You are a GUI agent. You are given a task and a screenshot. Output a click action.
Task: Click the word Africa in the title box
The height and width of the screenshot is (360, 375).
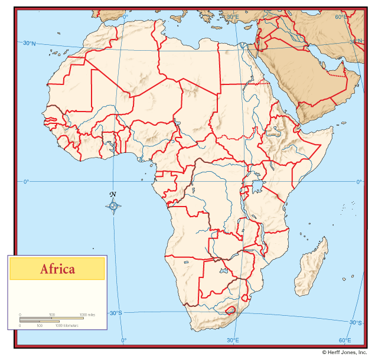[57, 270]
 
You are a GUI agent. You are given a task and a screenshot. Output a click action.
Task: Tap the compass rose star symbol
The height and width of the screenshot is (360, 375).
[114, 206]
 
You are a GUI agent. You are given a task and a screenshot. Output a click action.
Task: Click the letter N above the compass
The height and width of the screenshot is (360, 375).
[113, 195]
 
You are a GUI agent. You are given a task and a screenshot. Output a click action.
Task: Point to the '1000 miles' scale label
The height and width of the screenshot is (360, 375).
[87, 315]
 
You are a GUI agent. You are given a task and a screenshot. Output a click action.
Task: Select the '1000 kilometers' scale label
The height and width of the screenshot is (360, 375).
[67, 325]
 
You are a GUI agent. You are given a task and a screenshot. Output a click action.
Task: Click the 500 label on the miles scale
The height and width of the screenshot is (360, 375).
[52, 315]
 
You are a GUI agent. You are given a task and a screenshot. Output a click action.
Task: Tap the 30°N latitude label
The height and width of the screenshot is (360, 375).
[29, 43]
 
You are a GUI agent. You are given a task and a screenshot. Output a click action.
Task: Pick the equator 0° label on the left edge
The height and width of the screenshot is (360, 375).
[26, 182]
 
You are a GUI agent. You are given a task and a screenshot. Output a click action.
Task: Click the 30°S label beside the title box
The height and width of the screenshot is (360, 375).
[115, 313]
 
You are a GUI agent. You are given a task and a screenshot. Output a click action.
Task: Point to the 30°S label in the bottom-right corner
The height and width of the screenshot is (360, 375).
[355, 322]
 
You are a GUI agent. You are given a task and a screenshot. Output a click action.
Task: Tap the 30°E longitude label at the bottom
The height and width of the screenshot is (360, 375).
[233, 340]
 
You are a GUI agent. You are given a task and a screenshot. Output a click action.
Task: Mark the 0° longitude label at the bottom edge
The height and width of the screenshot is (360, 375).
[123, 340]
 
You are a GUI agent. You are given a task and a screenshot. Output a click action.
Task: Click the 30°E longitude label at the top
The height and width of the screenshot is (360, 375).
[233, 17]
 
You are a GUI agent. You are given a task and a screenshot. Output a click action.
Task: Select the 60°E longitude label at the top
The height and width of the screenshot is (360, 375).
[341, 17]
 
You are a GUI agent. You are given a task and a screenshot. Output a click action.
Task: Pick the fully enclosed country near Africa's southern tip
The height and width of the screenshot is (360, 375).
[230, 310]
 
